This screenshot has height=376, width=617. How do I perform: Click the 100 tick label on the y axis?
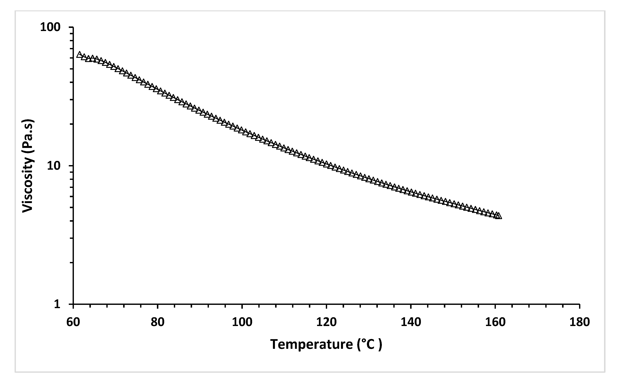tap(50, 27)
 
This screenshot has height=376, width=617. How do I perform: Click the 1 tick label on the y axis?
tap(57, 304)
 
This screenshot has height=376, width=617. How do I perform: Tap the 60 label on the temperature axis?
tap(73, 322)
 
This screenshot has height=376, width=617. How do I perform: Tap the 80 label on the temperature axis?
tap(157, 322)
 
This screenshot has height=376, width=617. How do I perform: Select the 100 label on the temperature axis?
tap(242, 322)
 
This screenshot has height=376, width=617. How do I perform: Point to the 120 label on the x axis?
tap(326, 322)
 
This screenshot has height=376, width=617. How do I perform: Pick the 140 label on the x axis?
tap(411, 322)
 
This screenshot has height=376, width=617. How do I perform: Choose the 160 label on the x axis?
tap(495, 322)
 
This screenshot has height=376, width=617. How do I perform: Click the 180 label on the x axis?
tap(580, 322)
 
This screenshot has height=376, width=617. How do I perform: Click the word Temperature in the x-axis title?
tap(311, 344)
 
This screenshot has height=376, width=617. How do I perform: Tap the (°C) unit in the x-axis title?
tap(370, 344)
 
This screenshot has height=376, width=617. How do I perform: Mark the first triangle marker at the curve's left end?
tap(79, 55)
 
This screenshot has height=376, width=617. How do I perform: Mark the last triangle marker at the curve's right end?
tap(499, 216)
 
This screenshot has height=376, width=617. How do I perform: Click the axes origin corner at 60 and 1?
tap(73, 304)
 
